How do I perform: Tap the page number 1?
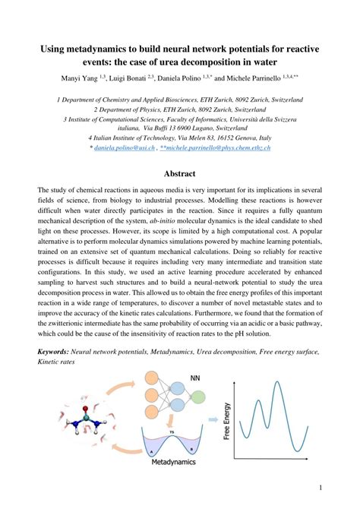[321, 487]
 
